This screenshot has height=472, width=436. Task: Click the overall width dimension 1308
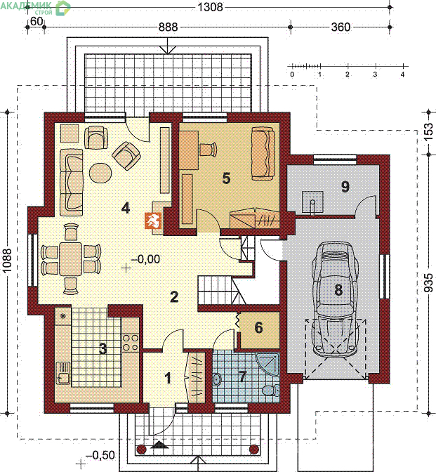[211, 7]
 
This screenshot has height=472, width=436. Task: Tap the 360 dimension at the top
[341, 27]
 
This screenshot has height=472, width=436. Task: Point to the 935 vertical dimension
[429, 282]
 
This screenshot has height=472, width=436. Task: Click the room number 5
[226, 178]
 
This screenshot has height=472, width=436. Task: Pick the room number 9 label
[345, 187]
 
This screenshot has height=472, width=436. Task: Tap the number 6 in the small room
[259, 327]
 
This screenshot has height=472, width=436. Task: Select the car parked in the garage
[335, 298]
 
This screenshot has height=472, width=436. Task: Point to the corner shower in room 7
[267, 363]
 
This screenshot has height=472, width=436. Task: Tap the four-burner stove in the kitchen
[131, 343]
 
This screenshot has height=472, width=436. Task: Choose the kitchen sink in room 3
[63, 373]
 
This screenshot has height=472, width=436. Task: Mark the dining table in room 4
[71, 259]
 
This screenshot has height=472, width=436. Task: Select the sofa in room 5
[263, 154]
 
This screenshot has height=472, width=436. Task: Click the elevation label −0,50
[100, 455]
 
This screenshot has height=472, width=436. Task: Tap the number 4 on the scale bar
[402, 74]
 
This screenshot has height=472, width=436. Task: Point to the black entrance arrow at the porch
[159, 445]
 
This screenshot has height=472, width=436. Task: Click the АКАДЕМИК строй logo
[36, 7]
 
